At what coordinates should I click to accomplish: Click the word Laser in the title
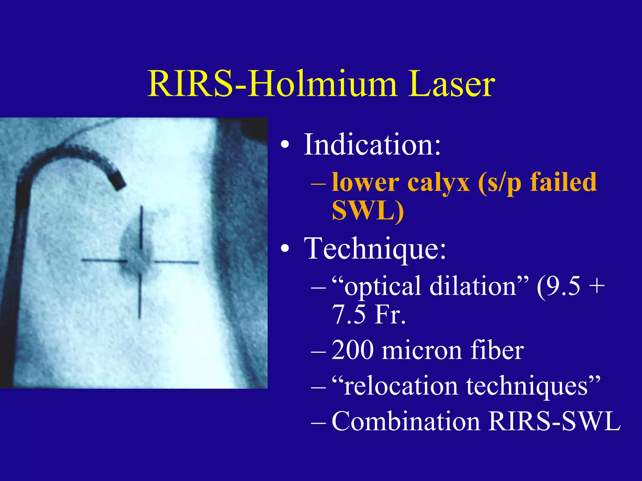[451, 84]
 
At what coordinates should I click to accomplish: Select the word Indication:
[372, 144]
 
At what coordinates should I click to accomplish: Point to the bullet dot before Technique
[285, 249]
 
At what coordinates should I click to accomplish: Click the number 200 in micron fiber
[352, 350]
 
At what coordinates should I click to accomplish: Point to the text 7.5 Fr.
[369, 314]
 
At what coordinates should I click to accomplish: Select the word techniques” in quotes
[533, 386]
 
